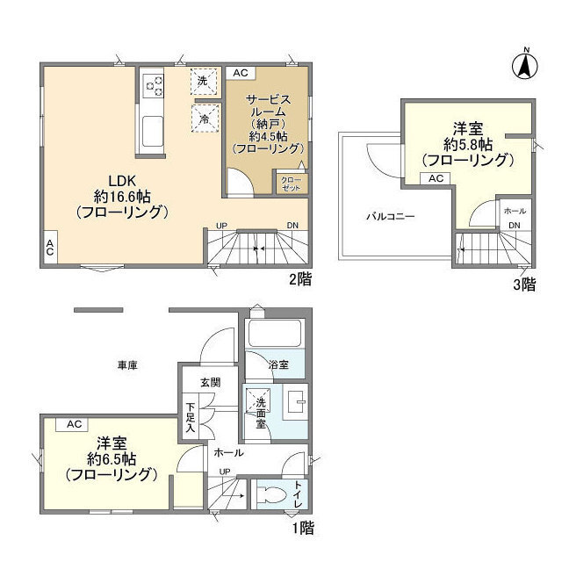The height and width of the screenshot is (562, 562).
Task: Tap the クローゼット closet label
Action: pyautogui.click(x=289, y=183)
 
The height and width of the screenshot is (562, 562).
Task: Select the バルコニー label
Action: pyautogui.click(x=391, y=215)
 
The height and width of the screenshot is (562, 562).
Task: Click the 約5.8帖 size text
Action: pyautogui.click(x=466, y=144)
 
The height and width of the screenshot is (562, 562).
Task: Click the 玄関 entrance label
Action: pyautogui.click(x=210, y=382)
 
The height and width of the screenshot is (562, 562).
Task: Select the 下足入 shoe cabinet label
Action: pyautogui.click(x=190, y=419)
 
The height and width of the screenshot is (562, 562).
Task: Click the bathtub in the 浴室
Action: pyautogui.click(x=273, y=335)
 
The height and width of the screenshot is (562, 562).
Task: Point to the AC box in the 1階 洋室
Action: pyautogui.click(x=75, y=424)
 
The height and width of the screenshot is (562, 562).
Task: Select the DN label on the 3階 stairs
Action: pyautogui.click(x=515, y=226)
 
